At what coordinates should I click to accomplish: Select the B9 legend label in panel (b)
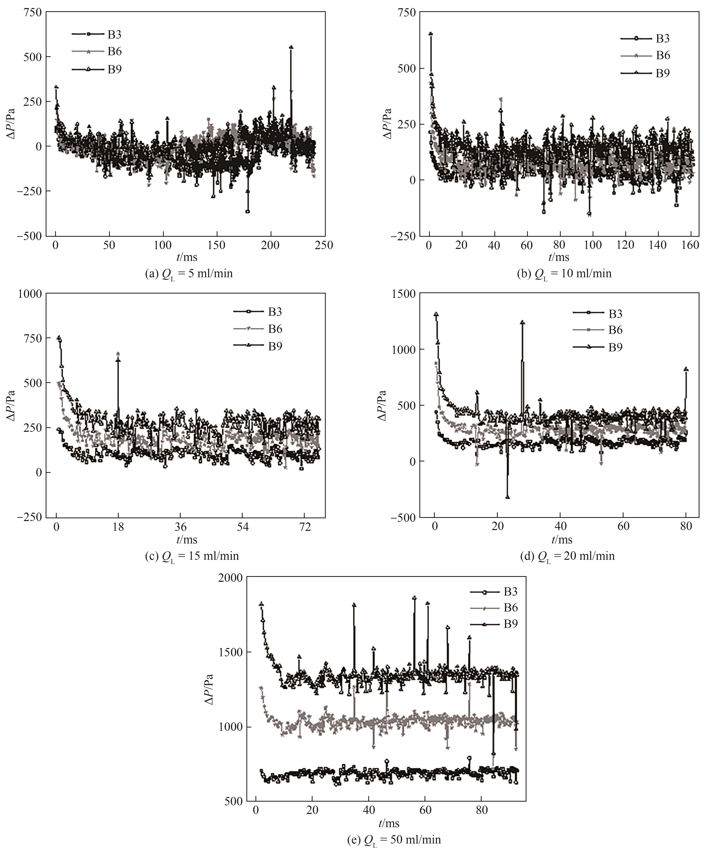pos(662,73)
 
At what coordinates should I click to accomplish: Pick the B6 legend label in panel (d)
pos(615,330)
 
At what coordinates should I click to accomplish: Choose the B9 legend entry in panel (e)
pos(511,624)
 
